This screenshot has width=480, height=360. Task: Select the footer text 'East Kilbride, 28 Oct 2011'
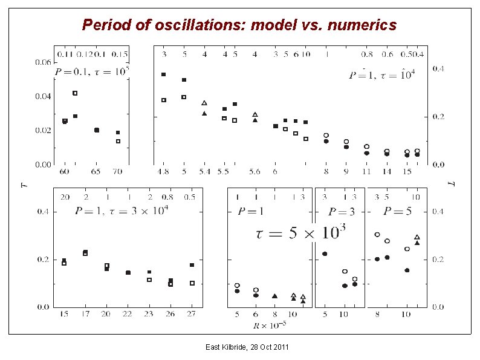click(247, 347)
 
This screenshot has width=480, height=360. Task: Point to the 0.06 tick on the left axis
click(42, 62)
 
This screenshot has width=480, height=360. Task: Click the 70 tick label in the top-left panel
click(117, 172)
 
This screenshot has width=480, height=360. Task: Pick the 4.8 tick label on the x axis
click(163, 172)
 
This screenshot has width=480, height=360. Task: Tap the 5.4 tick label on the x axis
click(204, 172)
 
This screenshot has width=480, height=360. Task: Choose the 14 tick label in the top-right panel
click(387, 172)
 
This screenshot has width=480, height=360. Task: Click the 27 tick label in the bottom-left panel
click(192, 315)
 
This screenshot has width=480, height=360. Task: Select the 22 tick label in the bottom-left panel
click(128, 315)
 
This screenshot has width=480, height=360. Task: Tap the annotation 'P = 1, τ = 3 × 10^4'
click(122, 211)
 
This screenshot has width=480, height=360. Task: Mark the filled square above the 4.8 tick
click(163, 74)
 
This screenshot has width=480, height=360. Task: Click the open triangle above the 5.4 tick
click(204, 103)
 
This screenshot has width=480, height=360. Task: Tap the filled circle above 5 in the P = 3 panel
click(325, 254)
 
